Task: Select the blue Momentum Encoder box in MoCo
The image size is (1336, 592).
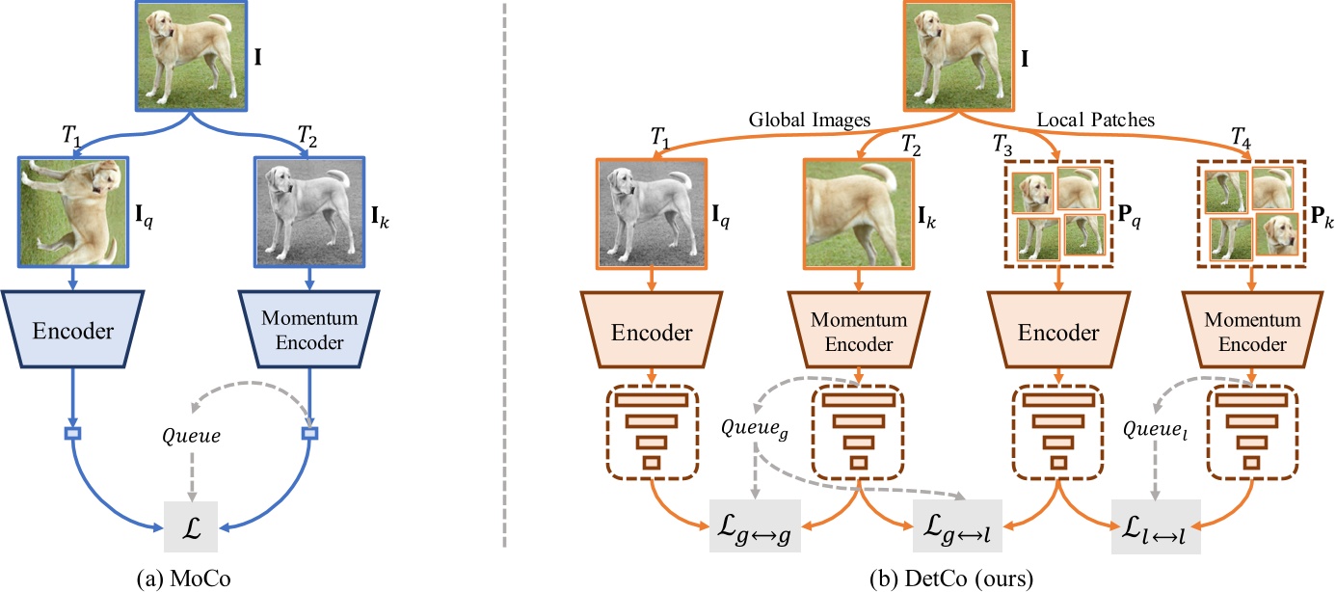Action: coord(309,332)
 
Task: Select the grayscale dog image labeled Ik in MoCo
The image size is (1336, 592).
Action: coord(309,211)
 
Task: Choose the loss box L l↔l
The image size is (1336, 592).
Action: coord(1156,528)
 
